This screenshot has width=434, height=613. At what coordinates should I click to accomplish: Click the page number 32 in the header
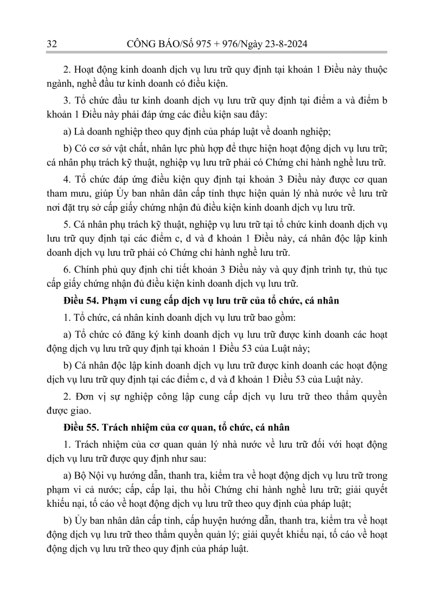(x=52, y=43)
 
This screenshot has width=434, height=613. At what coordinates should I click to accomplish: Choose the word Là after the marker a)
(x=77, y=132)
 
